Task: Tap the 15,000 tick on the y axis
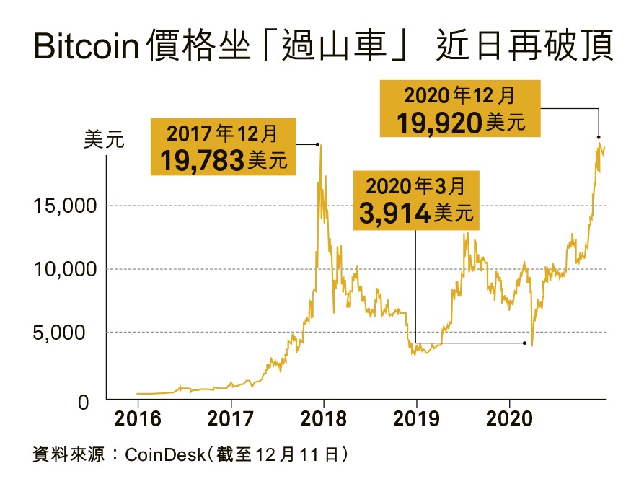(66, 206)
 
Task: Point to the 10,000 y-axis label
(66, 270)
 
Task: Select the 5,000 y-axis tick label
(70, 333)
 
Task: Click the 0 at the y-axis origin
(84, 402)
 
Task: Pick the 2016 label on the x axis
(137, 418)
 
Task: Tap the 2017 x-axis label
(230, 418)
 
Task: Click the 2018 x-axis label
(323, 418)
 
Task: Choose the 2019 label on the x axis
(416, 418)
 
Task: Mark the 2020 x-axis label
(509, 418)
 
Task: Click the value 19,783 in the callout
(201, 160)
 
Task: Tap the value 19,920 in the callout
(440, 123)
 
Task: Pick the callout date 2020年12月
(459, 96)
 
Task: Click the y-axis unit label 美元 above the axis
(105, 140)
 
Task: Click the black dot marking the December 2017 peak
(318, 144)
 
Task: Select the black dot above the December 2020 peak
(599, 137)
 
